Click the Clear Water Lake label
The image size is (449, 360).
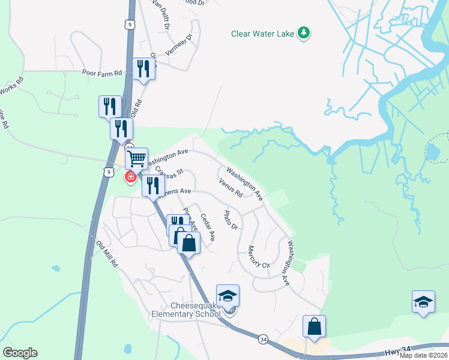(263, 34)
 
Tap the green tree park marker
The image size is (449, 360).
(304, 32)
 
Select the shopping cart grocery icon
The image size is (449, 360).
(137, 159)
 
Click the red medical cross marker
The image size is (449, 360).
(130, 177)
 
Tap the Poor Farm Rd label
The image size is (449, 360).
(102, 73)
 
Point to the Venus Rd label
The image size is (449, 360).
(231, 188)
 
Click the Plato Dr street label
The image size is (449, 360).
(231, 220)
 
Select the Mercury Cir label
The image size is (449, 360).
(259, 256)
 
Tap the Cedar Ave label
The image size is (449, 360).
(207, 227)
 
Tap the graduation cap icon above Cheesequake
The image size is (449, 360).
(228, 295)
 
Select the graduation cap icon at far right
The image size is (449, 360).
(423, 301)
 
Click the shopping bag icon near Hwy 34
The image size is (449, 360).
(314, 326)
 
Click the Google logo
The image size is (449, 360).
(20, 353)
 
